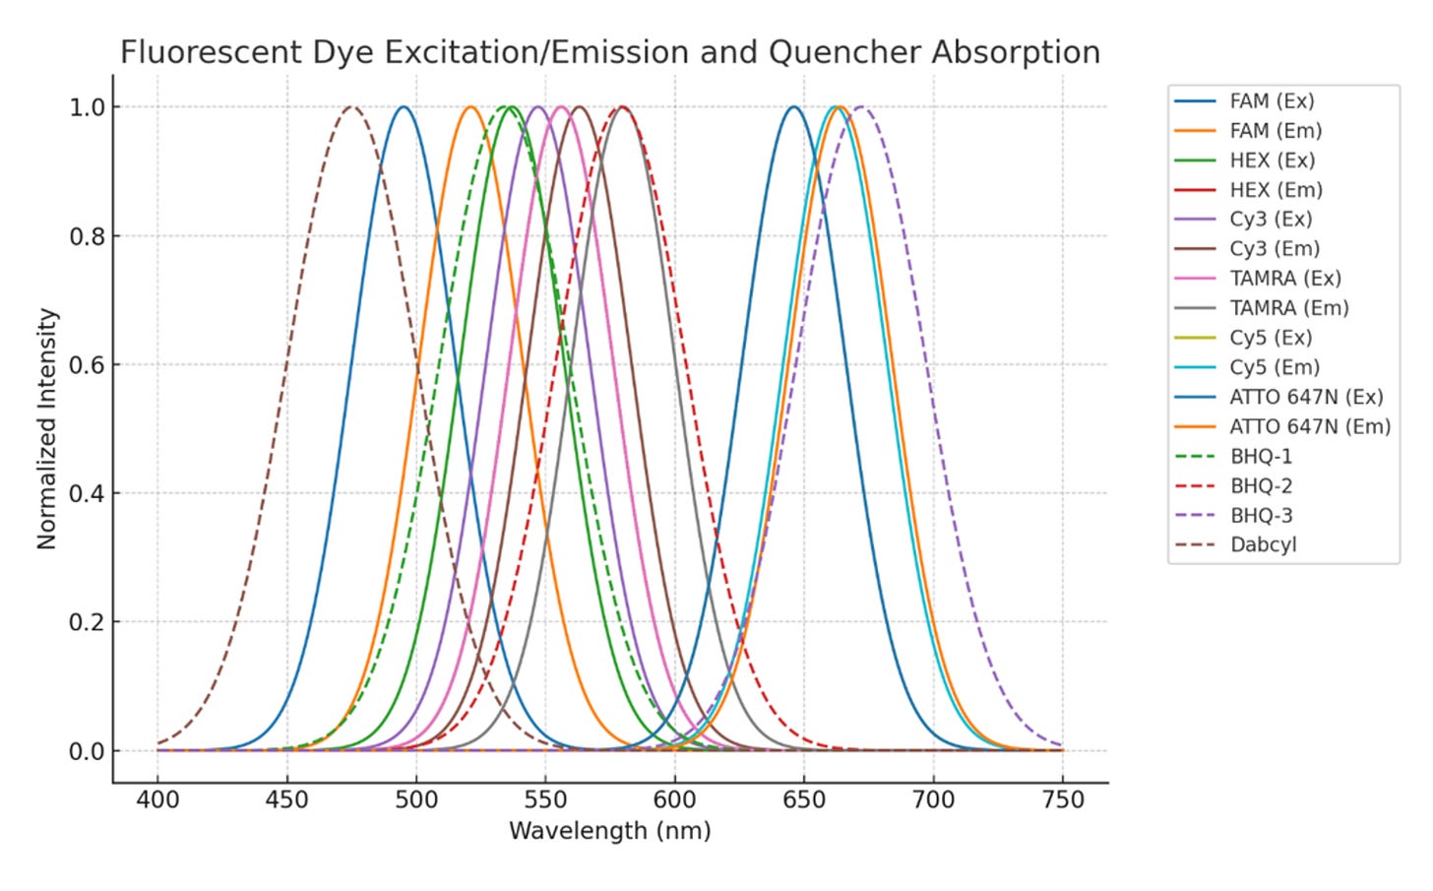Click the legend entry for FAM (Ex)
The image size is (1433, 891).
pyautogui.click(x=1271, y=101)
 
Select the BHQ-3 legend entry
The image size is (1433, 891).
pyautogui.click(x=1261, y=516)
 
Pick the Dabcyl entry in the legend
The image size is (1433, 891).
pyautogui.click(x=1263, y=545)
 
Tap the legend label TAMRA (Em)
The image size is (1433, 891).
pyautogui.click(x=1288, y=308)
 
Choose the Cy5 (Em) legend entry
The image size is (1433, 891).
pyautogui.click(x=1274, y=367)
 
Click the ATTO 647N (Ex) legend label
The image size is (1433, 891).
pyautogui.click(x=1305, y=397)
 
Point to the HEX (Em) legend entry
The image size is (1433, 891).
pyautogui.click(x=1276, y=190)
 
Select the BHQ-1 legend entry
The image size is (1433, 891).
pyautogui.click(x=1261, y=457)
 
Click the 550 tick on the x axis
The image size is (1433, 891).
pyautogui.click(x=545, y=799)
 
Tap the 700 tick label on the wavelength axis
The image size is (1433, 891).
pyautogui.click(x=933, y=799)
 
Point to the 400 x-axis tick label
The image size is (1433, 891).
pyautogui.click(x=157, y=799)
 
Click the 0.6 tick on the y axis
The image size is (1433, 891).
pyautogui.click(x=87, y=365)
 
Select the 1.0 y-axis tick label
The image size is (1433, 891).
pyautogui.click(x=87, y=107)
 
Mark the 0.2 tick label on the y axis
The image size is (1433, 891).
pyautogui.click(x=87, y=622)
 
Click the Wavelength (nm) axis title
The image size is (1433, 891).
pyautogui.click(x=609, y=831)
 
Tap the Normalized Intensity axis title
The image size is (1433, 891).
pyautogui.click(x=47, y=428)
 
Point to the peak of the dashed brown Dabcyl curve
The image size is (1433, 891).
pyautogui.click(x=351, y=107)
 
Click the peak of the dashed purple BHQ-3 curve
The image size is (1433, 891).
pyautogui.click(x=861, y=107)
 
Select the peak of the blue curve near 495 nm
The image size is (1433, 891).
pyautogui.click(x=403, y=107)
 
